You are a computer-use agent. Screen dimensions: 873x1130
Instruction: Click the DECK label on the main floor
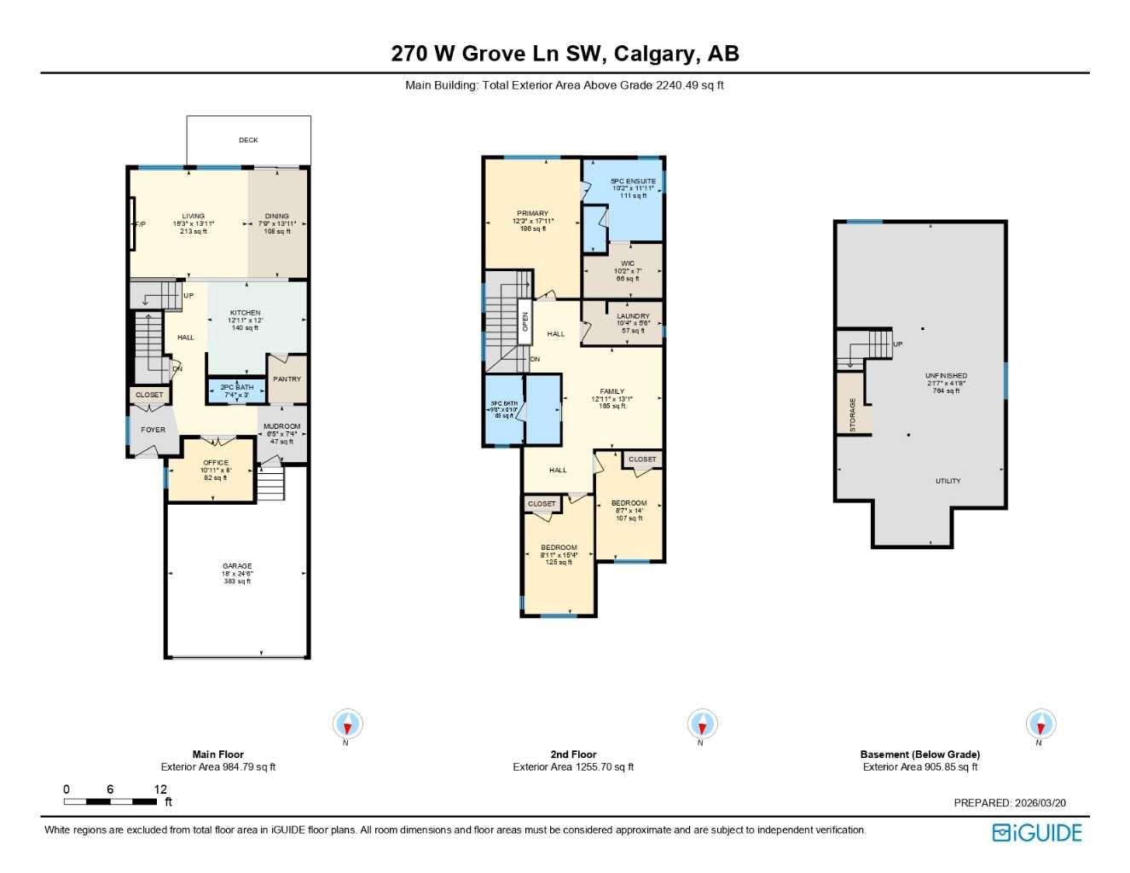click(x=248, y=140)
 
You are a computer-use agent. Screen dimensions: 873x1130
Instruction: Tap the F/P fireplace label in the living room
click(x=140, y=224)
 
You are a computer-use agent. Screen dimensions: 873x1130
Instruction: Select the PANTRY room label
click(x=287, y=379)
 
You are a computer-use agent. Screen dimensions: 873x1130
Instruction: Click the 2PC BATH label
click(x=236, y=387)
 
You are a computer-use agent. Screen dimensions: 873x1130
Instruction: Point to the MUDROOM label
click(x=281, y=426)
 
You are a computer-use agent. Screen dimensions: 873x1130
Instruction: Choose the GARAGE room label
click(x=237, y=566)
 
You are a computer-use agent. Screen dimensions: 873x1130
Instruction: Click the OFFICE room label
click(x=216, y=463)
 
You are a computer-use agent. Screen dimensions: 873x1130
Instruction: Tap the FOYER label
click(x=153, y=430)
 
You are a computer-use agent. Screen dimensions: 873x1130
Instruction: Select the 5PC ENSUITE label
click(x=633, y=182)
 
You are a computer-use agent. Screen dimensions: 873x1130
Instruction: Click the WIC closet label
click(x=628, y=263)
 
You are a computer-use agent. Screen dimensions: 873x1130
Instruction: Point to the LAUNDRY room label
click(x=633, y=316)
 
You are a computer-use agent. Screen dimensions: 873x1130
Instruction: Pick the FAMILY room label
click(x=611, y=391)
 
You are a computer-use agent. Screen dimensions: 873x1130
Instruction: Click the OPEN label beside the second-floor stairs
click(x=525, y=321)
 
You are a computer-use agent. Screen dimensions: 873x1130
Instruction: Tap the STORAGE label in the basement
click(x=852, y=415)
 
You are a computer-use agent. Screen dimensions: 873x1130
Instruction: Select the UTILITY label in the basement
click(x=947, y=481)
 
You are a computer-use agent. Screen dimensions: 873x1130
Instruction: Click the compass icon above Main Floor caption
click(x=347, y=726)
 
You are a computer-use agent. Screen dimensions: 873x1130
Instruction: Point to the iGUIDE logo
click(x=1037, y=833)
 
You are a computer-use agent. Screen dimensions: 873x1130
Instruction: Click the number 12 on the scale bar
click(x=160, y=789)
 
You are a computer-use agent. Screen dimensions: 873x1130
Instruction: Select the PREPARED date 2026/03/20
click(x=1039, y=803)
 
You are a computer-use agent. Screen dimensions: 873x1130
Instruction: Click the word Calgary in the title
click(x=654, y=54)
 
